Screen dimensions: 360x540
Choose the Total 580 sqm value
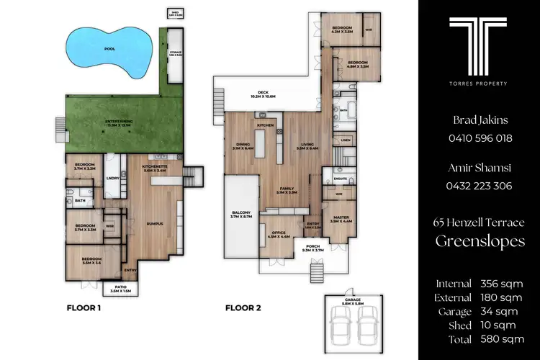(x=502, y=338)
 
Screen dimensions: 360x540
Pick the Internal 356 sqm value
(x=502, y=284)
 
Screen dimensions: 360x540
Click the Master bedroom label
(x=341, y=218)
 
